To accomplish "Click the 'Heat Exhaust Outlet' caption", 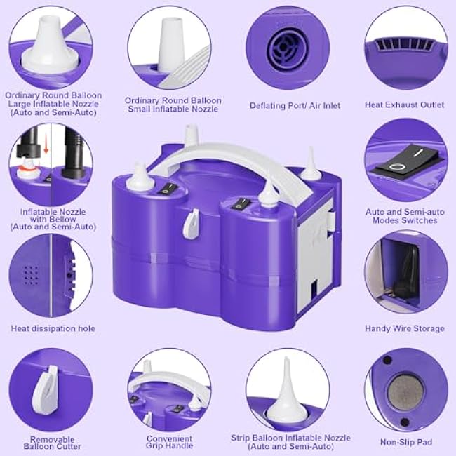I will click(x=404, y=105).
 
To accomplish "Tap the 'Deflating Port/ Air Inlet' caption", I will click(x=295, y=105).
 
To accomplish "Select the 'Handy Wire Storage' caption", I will click(x=404, y=328).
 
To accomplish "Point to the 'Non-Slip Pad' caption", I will click(x=405, y=442).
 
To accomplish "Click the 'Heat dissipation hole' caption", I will click(x=53, y=328).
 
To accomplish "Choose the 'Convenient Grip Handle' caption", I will click(x=170, y=443).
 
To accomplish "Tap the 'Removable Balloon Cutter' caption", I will click(x=53, y=443).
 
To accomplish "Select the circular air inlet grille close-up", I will click(x=288, y=46).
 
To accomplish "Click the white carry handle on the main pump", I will click(x=232, y=155).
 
